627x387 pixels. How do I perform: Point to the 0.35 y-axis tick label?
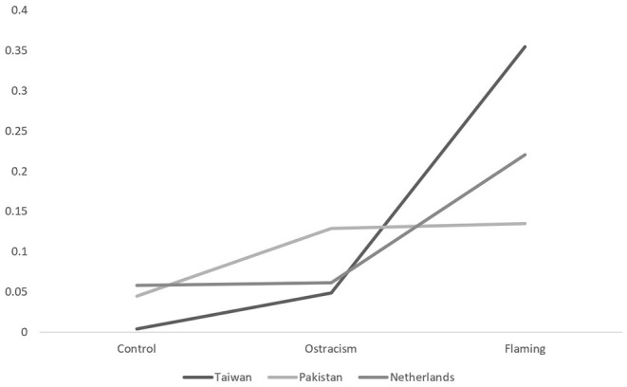13,50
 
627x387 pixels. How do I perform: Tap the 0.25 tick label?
13,131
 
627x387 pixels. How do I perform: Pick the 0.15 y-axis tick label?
13,212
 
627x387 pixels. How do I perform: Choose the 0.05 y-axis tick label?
13,292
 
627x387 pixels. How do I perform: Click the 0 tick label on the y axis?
23,332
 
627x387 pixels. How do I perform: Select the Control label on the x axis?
136,349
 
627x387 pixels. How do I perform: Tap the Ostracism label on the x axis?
331,349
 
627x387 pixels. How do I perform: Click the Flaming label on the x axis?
526,349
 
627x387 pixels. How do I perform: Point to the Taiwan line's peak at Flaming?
526,46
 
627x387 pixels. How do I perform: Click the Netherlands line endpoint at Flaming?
526,155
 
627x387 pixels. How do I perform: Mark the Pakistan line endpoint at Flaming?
526,224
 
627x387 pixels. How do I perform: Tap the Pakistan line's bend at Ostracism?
331,229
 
